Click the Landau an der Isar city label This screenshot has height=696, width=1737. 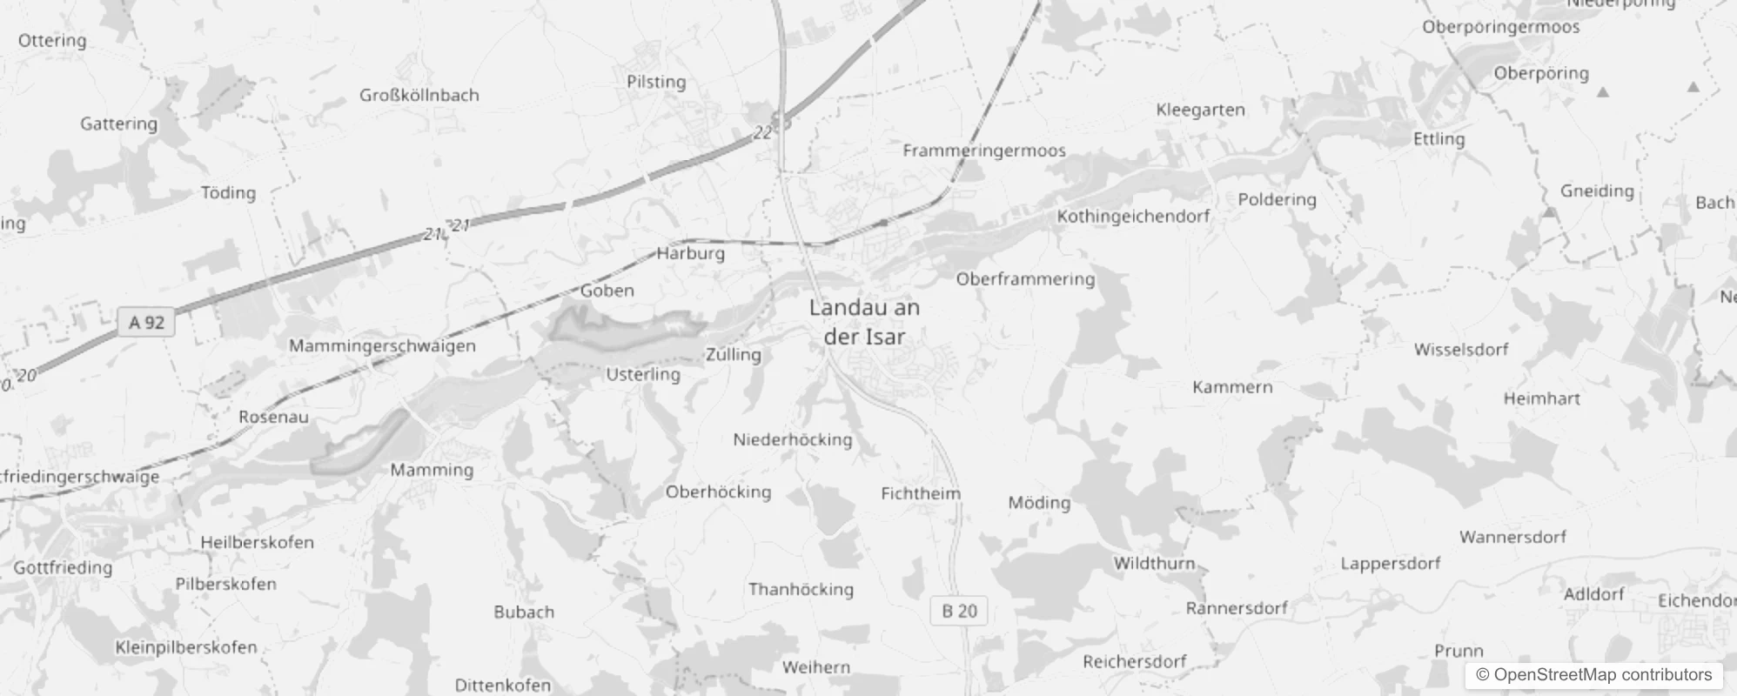(863, 322)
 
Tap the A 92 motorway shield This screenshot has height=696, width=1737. (146, 323)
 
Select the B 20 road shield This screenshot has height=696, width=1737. (959, 611)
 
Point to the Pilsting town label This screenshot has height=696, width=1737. (656, 82)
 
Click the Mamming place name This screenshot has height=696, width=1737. (432, 470)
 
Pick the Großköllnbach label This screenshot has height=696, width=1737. (419, 95)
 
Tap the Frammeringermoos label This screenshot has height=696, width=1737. (983, 151)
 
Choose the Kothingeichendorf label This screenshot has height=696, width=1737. (1133, 216)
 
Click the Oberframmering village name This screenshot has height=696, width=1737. (1025, 279)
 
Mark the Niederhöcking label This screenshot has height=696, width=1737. (792, 439)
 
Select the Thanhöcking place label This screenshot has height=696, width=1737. (801, 589)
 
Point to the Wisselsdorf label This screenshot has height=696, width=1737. (1461, 350)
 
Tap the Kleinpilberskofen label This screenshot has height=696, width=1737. (186, 647)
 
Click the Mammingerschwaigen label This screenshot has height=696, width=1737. (382, 345)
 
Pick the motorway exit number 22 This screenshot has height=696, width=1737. (762, 132)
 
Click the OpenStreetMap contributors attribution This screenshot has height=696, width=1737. (1593, 674)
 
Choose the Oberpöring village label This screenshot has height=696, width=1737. (1541, 73)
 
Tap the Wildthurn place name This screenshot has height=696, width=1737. (1154, 563)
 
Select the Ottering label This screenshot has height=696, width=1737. (52, 41)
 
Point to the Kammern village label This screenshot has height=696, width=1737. (1232, 387)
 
